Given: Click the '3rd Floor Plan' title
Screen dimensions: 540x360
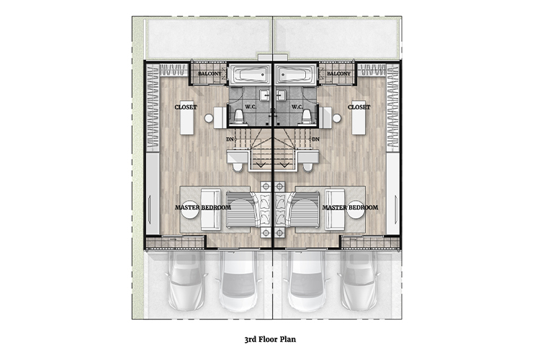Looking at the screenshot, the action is (x=270, y=339).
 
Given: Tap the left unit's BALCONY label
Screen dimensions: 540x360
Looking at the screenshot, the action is (x=210, y=73).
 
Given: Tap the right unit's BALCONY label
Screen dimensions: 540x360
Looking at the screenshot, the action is (x=338, y=73).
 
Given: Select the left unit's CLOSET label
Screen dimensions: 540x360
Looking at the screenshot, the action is (x=186, y=107).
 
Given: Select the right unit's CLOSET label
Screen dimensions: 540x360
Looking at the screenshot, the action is (x=359, y=107).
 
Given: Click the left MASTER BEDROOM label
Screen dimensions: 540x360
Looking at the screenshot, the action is (x=203, y=207).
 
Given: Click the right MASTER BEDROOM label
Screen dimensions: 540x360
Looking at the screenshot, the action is (x=350, y=207).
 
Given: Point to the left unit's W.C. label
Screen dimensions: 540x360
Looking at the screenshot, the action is (x=251, y=107).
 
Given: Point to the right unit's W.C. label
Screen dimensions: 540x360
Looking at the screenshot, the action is (x=297, y=107).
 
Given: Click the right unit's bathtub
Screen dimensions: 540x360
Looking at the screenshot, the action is (x=295, y=74).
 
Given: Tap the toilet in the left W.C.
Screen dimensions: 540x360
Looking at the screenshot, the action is (x=239, y=117).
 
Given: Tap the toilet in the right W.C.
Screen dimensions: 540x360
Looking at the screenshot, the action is (x=307, y=117).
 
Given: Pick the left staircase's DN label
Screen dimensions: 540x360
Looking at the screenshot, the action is (x=230, y=139).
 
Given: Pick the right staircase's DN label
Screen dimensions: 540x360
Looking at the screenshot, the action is (x=315, y=139).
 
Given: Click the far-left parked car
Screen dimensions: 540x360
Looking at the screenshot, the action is (x=186, y=281).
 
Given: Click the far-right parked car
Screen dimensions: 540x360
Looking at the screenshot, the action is (x=359, y=281).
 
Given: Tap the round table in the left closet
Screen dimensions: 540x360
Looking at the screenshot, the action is (x=209, y=118).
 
